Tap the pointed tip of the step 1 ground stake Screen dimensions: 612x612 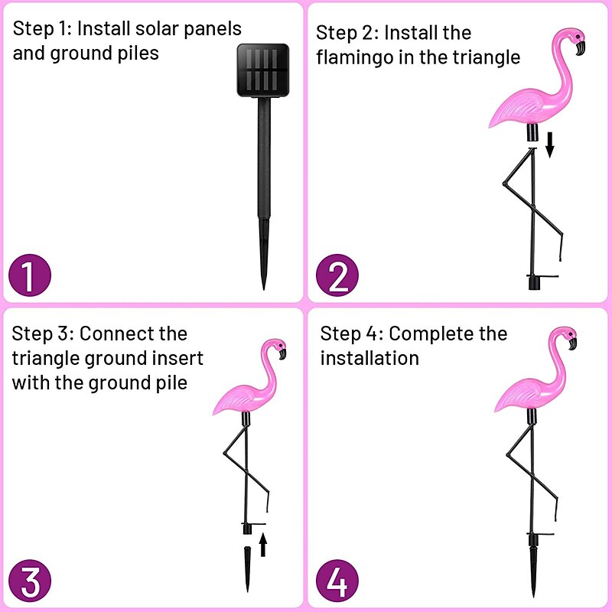[264, 285]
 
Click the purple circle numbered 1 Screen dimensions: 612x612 [29, 276]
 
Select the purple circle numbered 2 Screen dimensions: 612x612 [337, 276]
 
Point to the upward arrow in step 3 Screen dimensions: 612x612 [263, 544]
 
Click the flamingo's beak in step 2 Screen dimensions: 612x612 [581, 49]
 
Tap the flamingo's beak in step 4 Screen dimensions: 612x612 [571, 344]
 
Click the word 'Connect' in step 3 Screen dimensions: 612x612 [113, 334]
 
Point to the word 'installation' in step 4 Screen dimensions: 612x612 [369, 358]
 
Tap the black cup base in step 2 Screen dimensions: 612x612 [533, 283]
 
